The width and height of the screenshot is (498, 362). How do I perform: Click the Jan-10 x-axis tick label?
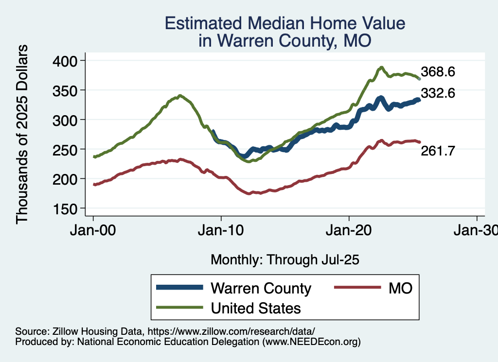[x=221, y=230]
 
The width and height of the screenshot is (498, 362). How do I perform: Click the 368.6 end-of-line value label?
[x=438, y=72]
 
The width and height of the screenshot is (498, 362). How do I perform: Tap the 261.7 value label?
[x=438, y=151]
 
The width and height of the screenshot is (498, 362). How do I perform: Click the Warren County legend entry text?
[x=261, y=288]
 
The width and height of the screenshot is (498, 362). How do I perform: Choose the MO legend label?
[x=400, y=288]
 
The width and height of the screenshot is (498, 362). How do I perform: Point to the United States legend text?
[x=256, y=308]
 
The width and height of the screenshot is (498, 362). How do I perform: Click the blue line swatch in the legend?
[x=179, y=288]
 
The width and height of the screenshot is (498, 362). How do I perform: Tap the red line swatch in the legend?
[x=357, y=288]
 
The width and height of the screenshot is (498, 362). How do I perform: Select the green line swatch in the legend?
[x=179, y=308]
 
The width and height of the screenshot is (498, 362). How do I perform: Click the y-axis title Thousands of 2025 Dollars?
[x=22, y=134]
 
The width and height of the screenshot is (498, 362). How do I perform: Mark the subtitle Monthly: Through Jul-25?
[x=285, y=260]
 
